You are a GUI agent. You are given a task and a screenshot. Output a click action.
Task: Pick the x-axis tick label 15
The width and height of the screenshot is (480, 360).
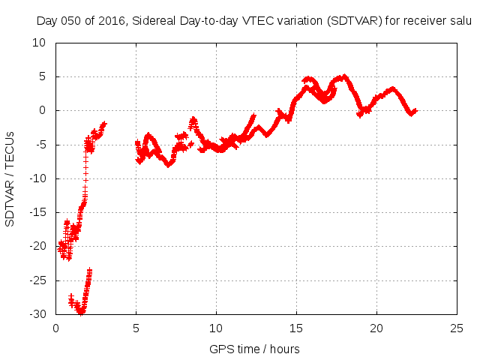pyautogui.click(x=296, y=328)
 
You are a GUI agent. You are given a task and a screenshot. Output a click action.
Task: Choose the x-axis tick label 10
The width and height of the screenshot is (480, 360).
pyautogui.click(x=216, y=328)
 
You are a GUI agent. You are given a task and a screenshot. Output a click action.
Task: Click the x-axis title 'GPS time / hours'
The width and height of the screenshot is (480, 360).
pyautogui.click(x=255, y=349)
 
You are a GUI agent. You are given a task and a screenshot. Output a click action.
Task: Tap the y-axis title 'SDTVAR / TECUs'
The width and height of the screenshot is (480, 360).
pyautogui.click(x=10, y=179)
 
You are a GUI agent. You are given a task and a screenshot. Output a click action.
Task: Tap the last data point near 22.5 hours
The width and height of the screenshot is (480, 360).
pyautogui.click(x=415, y=110)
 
